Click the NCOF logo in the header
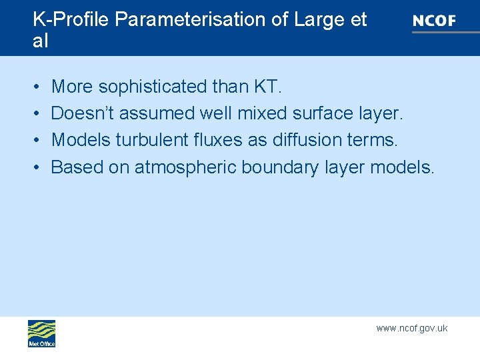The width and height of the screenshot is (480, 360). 434,21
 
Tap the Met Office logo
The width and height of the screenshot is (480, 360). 41,333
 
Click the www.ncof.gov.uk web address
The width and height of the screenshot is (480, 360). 411,328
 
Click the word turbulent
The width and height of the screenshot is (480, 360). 149,140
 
